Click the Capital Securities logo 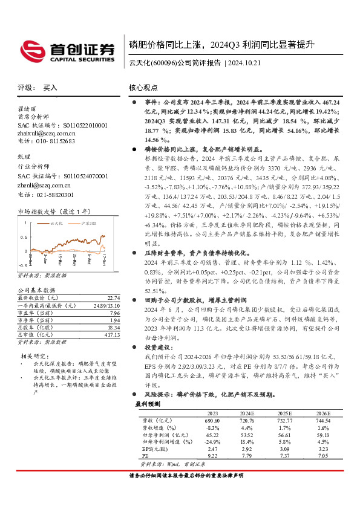coord(67,51)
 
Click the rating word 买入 coord(51,88)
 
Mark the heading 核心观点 coord(144,88)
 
